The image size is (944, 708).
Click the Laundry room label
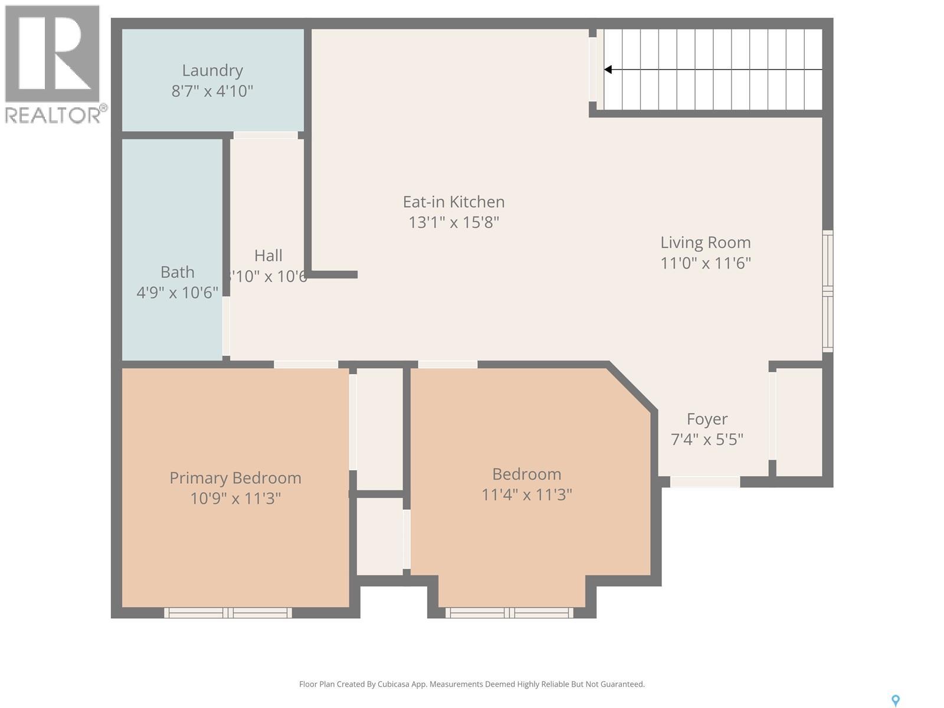pos(212,70)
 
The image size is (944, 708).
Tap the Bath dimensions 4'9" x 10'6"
pos(178,293)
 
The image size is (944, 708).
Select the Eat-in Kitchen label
pos(454,202)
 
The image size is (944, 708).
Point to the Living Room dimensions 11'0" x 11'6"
pos(706,263)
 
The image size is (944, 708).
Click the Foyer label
pos(707,419)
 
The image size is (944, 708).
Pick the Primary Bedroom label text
pos(235,478)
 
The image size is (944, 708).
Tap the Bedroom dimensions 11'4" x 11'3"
pos(527,494)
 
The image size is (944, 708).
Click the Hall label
pos(268,255)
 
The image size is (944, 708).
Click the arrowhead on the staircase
pos(608,70)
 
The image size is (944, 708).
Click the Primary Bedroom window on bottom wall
pos(228,613)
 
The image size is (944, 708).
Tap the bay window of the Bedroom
pos(509,613)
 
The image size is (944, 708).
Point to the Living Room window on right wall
pos(828,291)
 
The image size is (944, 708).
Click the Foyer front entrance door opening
pos(705,482)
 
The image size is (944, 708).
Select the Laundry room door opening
pos(265,136)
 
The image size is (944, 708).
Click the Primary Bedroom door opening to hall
pos(306,364)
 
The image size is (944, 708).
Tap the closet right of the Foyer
pos(799,421)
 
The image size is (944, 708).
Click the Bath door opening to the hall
pos(226,326)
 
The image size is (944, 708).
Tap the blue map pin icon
pos(895,700)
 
